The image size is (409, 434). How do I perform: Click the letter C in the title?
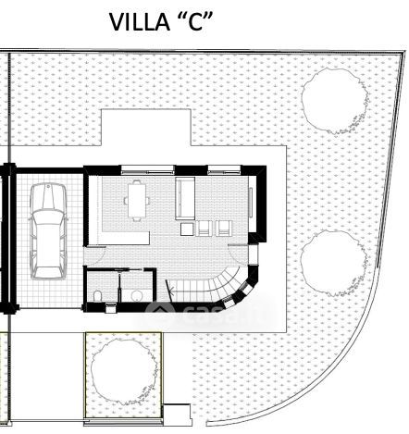[x=195, y=22]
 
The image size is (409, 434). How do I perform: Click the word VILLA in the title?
[x=140, y=22]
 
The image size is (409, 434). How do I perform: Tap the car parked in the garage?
[x=48, y=231]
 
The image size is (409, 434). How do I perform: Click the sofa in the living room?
[x=185, y=198]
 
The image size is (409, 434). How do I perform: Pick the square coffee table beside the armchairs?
[x=187, y=229]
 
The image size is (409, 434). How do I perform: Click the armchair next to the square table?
[x=204, y=229]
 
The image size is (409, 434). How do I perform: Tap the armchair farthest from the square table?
[x=224, y=229]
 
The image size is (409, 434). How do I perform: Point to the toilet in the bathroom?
[x=97, y=296]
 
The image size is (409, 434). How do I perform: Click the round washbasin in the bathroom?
[x=136, y=296]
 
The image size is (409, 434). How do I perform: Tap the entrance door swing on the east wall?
[x=238, y=254]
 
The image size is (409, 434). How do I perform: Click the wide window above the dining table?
[x=148, y=169]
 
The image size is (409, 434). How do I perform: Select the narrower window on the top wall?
[x=224, y=169]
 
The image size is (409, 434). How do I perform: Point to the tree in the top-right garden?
[x=335, y=101]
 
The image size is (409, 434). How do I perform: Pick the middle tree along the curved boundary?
[x=334, y=263]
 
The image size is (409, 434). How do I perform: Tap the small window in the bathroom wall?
[x=110, y=307]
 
